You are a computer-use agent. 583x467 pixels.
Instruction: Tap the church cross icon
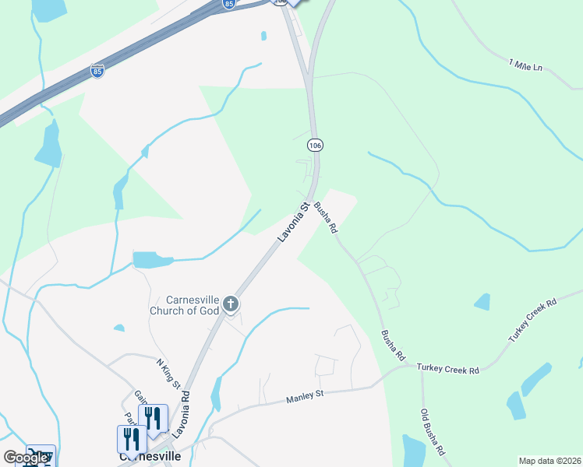(230, 304)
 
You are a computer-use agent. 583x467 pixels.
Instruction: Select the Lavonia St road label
(291, 223)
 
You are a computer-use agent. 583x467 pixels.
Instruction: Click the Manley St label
(305, 396)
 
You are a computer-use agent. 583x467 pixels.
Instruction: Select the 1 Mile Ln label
(525, 65)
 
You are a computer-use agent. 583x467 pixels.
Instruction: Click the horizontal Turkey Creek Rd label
(447, 369)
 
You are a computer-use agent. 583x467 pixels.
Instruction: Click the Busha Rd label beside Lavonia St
(328, 217)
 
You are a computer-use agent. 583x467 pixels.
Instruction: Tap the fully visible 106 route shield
(315, 146)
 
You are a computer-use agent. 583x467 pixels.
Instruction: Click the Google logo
(26, 458)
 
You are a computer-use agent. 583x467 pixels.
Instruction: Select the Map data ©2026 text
(549, 461)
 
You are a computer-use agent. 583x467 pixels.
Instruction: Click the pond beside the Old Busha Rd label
(414, 450)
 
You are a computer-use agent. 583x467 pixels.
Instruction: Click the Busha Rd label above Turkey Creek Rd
(393, 345)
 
